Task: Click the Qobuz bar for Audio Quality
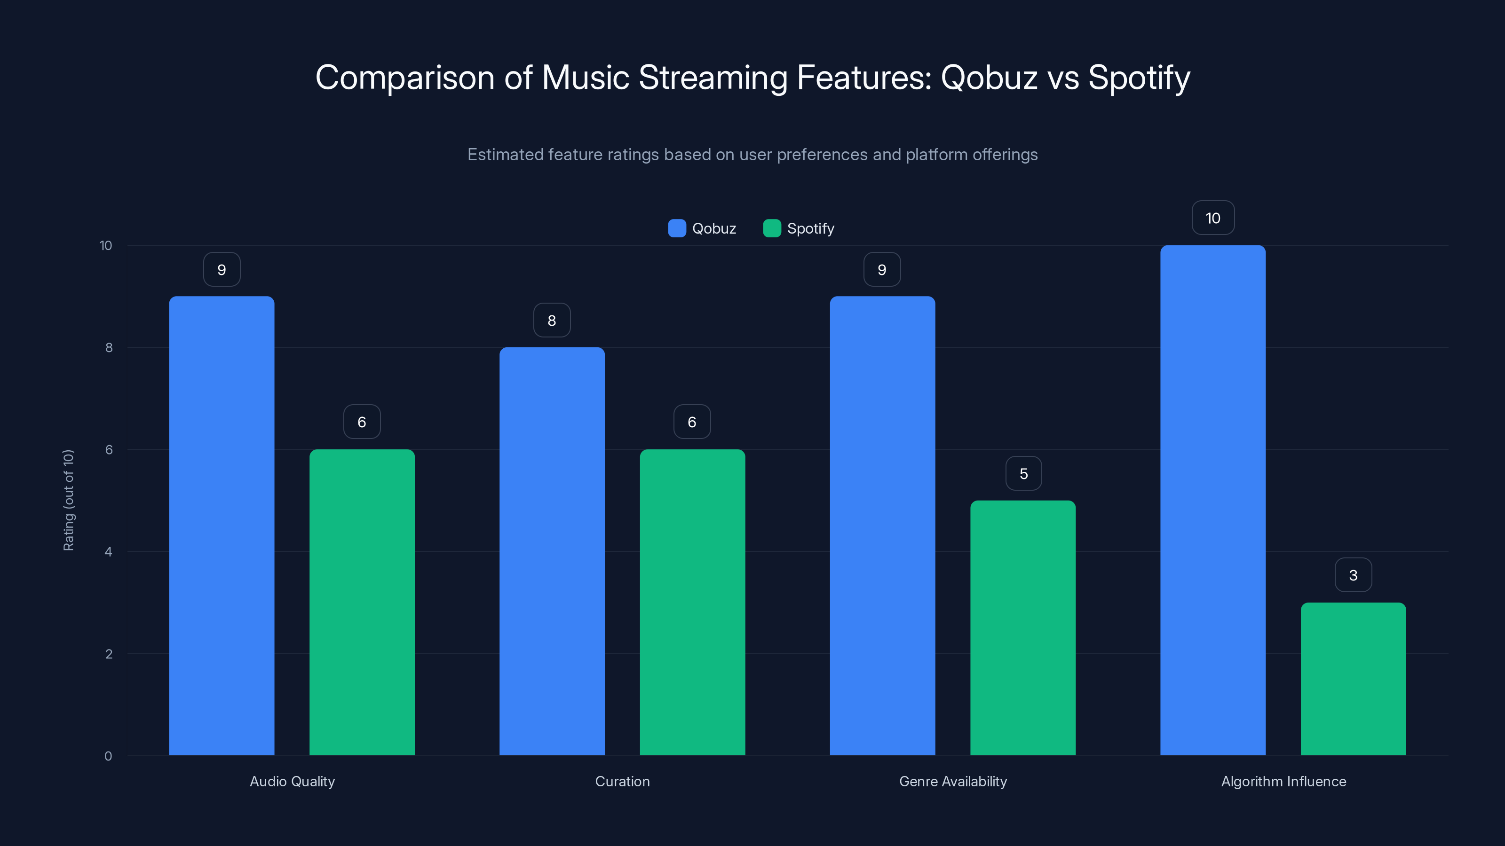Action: [222, 525]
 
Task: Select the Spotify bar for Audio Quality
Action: [362, 602]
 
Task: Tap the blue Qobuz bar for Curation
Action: [552, 551]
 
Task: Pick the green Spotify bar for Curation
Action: [692, 602]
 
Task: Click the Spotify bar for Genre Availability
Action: [1022, 627]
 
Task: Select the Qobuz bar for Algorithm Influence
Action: [1213, 500]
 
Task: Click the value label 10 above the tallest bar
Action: [1213, 218]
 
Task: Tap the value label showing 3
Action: [1353, 575]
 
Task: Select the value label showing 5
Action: [1023, 473]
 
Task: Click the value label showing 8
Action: [552, 320]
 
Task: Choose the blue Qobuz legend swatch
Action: [677, 228]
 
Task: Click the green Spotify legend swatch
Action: [772, 228]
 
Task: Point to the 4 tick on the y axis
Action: [108, 552]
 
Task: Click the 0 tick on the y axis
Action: [108, 756]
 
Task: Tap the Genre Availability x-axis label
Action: [953, 781]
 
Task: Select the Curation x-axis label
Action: [622, 781]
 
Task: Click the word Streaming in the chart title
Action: [713, 77]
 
